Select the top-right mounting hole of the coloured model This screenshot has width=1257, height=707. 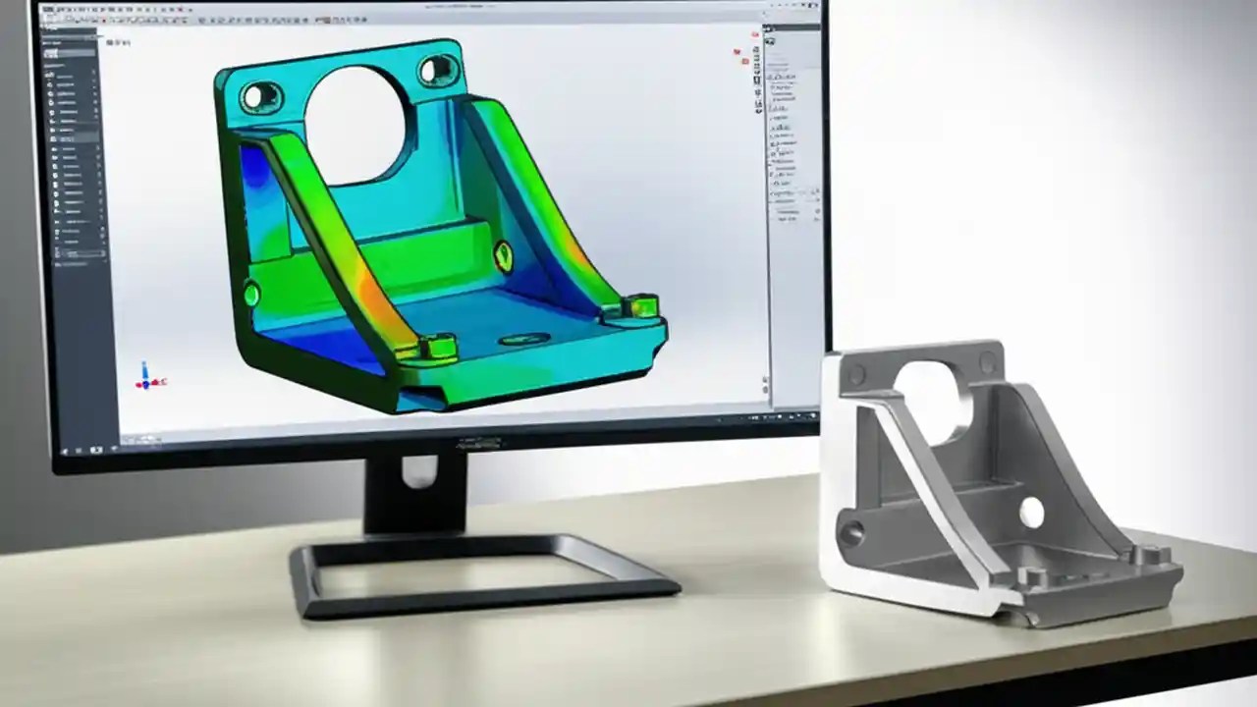(x=436, y=70)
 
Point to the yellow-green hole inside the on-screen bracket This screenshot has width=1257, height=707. (x=503, y=256)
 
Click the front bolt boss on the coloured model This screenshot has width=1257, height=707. (x=437, y=346)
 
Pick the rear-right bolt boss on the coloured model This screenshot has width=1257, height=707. (x=639, y=306)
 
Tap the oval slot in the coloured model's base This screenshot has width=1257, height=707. (x=523, y=340)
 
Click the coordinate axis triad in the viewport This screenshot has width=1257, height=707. (x=146, y=377)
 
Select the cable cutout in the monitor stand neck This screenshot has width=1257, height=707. (x=418, y=471)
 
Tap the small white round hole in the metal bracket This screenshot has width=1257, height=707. (x=1031, y=512)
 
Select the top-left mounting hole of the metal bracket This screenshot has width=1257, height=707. (x=857, y=375)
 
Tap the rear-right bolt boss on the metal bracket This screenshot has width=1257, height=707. (x=1149, y=556)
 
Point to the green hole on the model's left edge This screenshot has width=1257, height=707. (x=251, y=294)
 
